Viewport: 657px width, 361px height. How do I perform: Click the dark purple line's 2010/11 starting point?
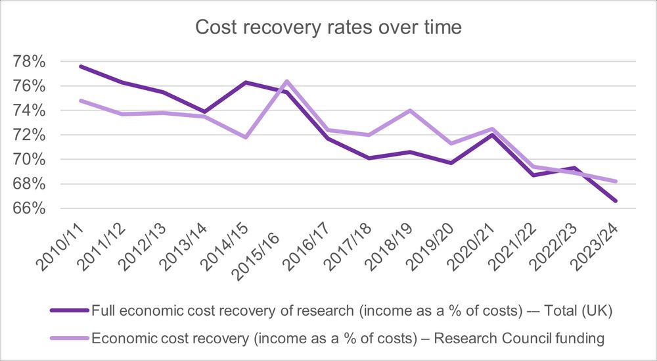click(x=81, y=66)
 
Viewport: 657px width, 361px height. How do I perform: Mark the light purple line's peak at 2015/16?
click(x=287, y=81)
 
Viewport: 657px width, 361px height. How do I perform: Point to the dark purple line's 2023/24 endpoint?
click(x=616, y=201)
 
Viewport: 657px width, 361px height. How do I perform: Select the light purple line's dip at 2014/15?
click(x=246, y=137)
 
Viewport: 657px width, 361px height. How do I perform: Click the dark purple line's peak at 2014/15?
click(x=246, y=82)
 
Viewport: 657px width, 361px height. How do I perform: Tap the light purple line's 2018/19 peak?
click(x=410, y=110)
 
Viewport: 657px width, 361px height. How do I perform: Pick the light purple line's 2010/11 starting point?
click(x=81, y=101)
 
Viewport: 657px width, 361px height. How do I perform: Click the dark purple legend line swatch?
click(x=69, y=310)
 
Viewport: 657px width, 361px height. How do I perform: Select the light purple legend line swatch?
click(x=69, y=338)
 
